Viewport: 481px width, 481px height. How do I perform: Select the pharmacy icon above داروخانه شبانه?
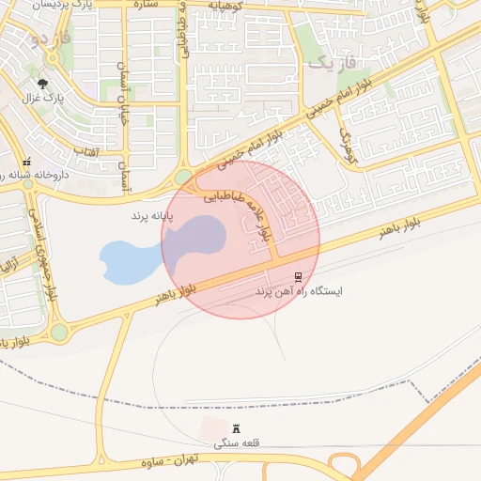click(x=27, y=161)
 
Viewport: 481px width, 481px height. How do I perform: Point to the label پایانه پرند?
click(x=154, y=216)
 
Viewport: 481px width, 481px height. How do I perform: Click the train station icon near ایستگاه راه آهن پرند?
click(x=299, y=276)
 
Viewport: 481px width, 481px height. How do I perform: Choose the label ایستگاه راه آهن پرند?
click(x=300, y=292)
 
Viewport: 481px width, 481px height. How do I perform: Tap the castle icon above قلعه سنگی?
click(x=235, y=428)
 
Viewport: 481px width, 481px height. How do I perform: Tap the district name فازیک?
click(x=334, y=64)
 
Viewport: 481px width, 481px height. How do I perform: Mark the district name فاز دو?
click(x=49, y=39)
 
